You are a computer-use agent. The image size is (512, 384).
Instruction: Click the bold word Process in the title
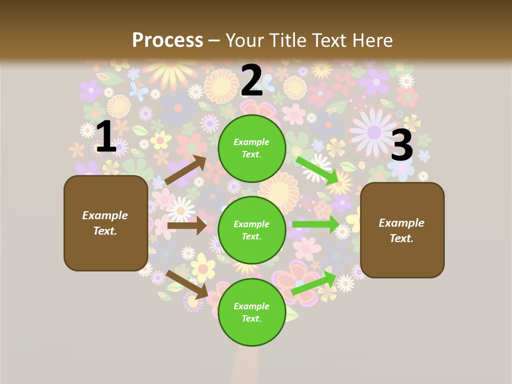(167, 40)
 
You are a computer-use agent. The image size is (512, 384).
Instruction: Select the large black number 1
(106, 137)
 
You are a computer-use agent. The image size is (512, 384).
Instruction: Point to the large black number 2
(252, 81)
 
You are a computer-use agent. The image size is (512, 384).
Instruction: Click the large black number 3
(402, 145)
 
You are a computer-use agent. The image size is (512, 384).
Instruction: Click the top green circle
(252, 148)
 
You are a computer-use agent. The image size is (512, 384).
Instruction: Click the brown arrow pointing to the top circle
(186, 170)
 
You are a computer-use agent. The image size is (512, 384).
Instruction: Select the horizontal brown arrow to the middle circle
(187, 226)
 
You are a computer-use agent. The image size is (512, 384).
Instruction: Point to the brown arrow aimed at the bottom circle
(187, 284)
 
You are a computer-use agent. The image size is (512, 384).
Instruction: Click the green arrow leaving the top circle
(318, 170)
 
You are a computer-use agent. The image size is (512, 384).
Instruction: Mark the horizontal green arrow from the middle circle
(316, 225)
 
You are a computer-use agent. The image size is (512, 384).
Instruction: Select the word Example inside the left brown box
(105, 215)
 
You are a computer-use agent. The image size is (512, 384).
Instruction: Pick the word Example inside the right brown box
(402, 223)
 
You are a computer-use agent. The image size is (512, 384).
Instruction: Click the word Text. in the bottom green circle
(252, 318)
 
